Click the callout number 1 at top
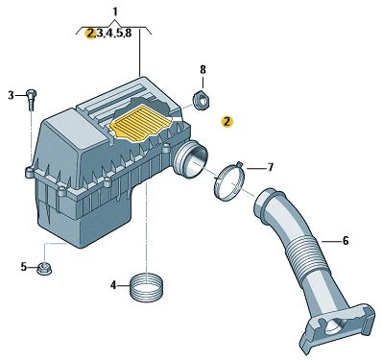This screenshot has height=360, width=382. point(115,12)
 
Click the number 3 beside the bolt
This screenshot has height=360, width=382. point(12,95)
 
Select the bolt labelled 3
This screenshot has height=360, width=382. point(31,100)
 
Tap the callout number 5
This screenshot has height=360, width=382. point(24,267)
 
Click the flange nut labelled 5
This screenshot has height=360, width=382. point(44,269)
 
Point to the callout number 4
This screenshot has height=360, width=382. point(113,285)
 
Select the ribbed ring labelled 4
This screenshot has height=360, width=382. point(147,286)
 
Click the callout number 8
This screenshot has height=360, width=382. point(203,69)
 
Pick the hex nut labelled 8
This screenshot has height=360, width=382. point(201,99)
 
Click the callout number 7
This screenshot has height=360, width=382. point(271,167)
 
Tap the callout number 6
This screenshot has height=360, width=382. point(346,240)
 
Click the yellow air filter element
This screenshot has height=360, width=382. point(142,124)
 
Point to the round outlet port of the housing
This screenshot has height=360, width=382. point(191,160)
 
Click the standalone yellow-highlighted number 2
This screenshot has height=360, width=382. point(227,122)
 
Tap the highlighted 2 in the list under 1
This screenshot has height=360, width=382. point(91,33)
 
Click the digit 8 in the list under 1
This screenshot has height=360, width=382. point(129,33)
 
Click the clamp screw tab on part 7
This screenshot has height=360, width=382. point(240,165)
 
